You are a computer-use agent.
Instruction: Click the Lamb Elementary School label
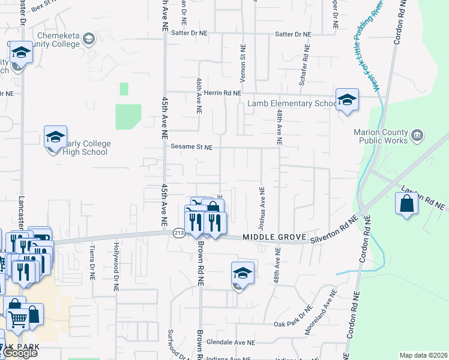tap(292, 104)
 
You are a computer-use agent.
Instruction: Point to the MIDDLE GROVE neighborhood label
tap(271, 238)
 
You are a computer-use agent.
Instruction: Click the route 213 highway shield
tap(178, 233)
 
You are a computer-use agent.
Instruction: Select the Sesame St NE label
tap(192, 147)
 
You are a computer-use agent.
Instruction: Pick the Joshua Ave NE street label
tap(262, 208)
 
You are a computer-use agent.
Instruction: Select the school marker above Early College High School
tap(55, 137)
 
